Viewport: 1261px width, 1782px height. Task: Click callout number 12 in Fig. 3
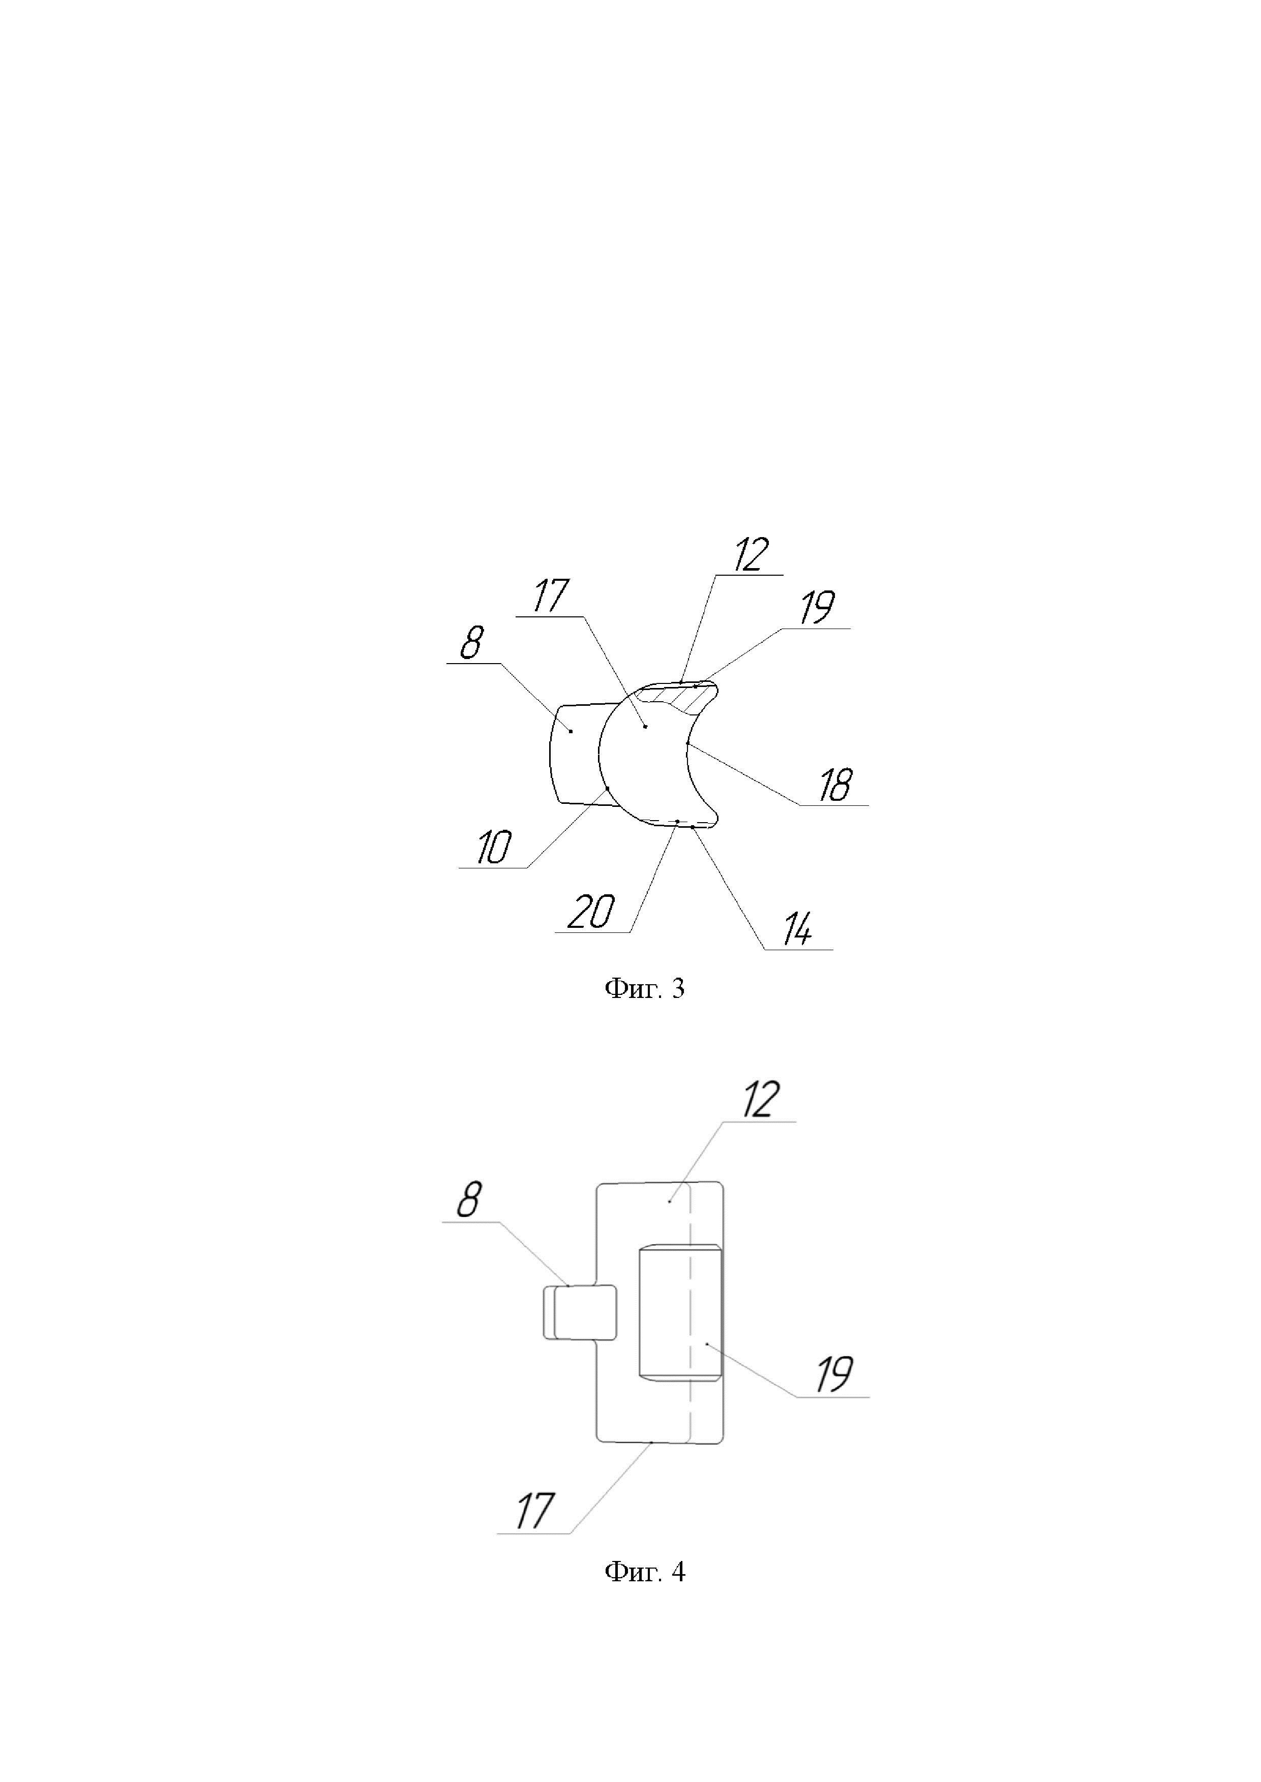point(749,555)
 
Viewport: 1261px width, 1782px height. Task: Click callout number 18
point(835,786)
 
